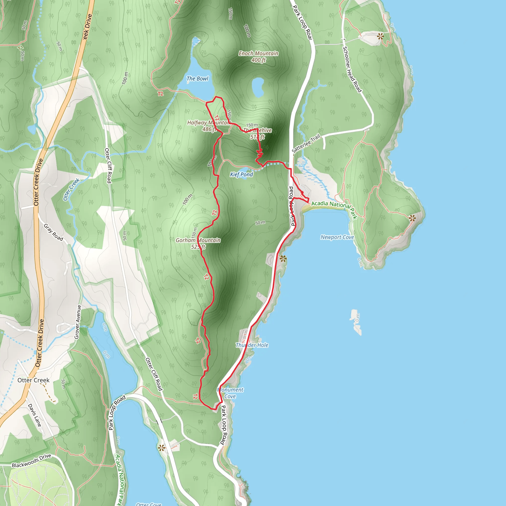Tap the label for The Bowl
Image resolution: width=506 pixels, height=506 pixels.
point(197,79)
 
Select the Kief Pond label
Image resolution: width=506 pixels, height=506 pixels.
point(241,174)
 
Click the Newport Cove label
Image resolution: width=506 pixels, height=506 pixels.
point(337,237)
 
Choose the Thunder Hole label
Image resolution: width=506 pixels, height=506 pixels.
point(252,345)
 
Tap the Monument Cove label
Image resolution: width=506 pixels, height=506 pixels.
point(230,393)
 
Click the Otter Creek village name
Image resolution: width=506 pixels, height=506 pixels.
point(33,380)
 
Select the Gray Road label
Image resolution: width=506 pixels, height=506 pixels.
point(53,232)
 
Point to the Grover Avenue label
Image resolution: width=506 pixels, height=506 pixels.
point(78,322)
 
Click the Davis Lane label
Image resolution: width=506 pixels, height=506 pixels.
point(35,415)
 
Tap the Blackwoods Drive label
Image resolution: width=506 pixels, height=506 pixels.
point(31,461)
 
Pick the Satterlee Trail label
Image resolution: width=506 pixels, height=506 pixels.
point(306,143)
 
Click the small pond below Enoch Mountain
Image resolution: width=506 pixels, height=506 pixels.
point(258,87)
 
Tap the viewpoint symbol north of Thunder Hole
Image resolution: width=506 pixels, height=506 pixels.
point(283,259)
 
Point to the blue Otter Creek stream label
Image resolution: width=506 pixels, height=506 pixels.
point(71,189)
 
